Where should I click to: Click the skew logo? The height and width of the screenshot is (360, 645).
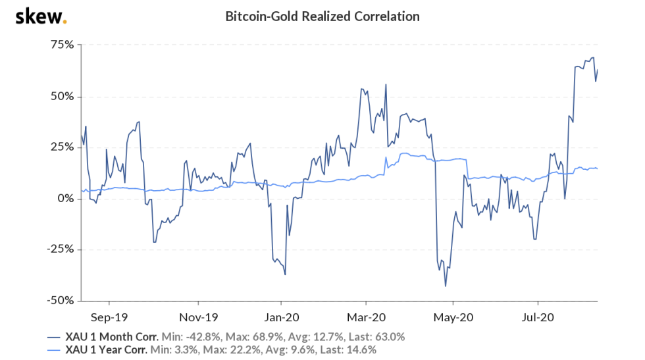click(40, 16)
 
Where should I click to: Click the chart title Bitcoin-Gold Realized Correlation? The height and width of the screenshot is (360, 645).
click(322, 16)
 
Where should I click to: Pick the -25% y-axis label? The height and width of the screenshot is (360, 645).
click(61, 249)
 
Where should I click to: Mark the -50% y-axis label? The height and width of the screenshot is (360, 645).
click(61, 300)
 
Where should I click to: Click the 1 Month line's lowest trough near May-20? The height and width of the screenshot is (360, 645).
click(446, 286)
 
